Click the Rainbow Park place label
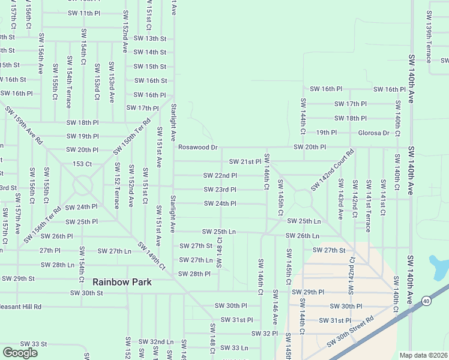pos(122,281)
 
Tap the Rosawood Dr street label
pos(197,147)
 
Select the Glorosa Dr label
pos(373,133)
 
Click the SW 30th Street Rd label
pos(350,332)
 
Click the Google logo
pos(20,353)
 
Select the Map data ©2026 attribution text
pos(423,355)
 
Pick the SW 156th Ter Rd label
pos(43,224)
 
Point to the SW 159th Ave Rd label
pos(24,125)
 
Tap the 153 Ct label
pos(82,164)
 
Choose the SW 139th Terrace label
pos(429,37)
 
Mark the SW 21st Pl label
pos(245,161)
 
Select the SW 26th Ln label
pos(302,236)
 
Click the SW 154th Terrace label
pos(70,82)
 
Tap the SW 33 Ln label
pos(234,347)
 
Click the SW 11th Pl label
pos(84,13)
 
